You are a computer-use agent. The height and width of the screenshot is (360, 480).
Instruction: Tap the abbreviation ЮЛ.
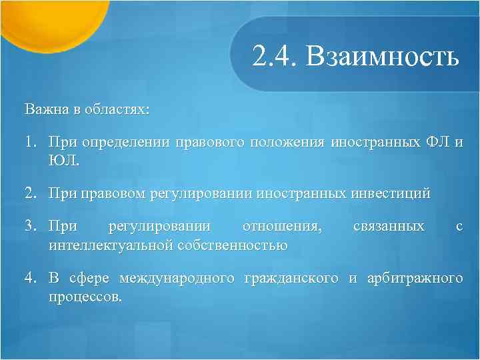tap(63, 160)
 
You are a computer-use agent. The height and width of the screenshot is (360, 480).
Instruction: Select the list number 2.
tap(31, 194)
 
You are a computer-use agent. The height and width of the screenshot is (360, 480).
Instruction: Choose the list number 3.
tap(31, 227)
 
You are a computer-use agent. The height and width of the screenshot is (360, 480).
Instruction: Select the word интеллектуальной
tap(111, 245)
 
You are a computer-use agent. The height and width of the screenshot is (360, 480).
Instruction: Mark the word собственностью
tap(232, 245)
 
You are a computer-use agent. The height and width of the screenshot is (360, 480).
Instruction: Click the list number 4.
tap(31, 278)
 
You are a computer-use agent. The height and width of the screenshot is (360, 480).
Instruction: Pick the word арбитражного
tap(413, 278)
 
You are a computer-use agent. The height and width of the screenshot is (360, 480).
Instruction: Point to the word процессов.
tap(85, 295)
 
